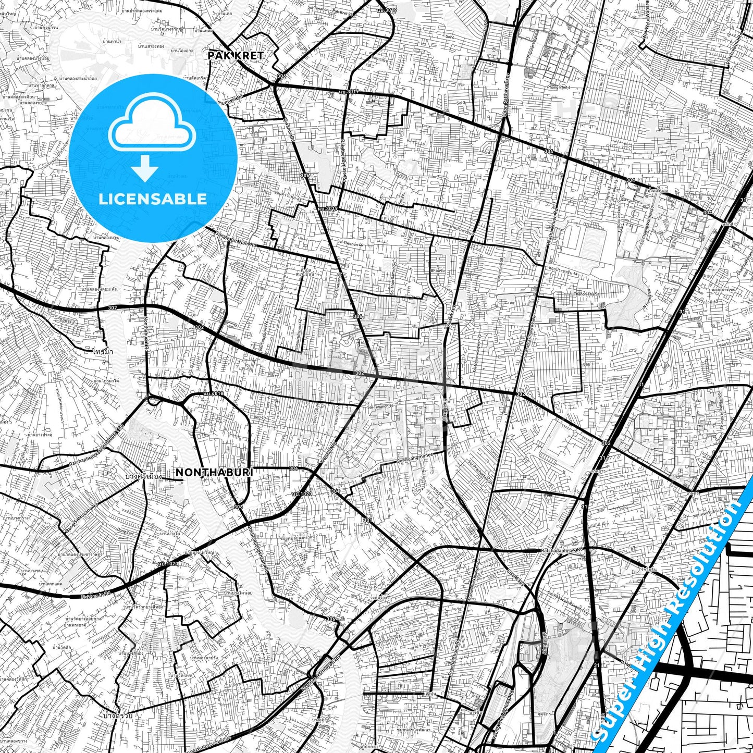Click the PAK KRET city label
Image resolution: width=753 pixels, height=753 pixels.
[x=235, y=55]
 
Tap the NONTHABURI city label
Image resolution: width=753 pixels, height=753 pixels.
[x=214, y=472]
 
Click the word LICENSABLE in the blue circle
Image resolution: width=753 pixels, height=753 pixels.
[x=153, y=199]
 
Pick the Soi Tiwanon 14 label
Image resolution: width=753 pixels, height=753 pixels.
[x=380, y=406]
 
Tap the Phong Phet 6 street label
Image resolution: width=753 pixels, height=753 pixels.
[x=558, y=88]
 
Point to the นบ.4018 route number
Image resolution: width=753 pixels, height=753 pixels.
[x=214, y=393]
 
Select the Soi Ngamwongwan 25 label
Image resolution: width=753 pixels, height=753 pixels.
[x=476, y=356]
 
